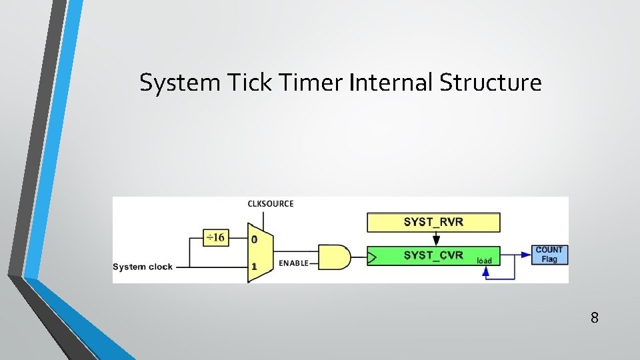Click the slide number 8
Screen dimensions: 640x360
594,317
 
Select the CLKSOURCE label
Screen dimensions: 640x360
270,203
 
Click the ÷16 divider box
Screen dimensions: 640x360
216,238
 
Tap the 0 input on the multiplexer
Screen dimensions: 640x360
254,239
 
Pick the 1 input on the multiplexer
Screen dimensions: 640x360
254,266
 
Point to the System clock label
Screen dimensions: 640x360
143,267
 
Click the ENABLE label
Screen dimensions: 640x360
293,263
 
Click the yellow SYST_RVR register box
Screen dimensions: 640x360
433,222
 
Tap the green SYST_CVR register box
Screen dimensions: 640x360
433,255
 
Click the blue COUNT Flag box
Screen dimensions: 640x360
549,254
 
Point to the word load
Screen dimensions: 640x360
485,261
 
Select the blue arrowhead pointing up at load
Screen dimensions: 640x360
486,269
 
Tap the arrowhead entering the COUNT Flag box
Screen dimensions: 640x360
527,254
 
